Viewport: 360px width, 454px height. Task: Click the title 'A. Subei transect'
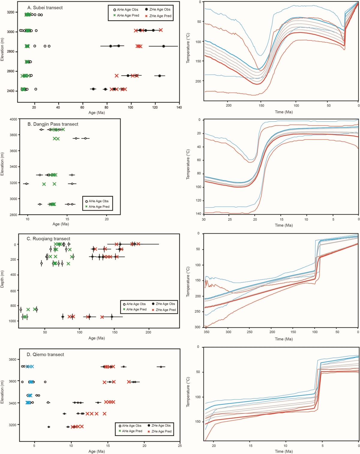pyautogui.click(x=45, y=8)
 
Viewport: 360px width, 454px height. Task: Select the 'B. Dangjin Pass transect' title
pyautogui.click(x=53, y=124)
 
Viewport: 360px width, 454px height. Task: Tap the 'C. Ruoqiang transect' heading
pyautogui.click(x=48, y=239)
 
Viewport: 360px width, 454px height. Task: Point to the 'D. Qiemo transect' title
pyautogui.click(x=45, y=354)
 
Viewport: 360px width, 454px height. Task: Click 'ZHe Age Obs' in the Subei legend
pyautogui.click(x=160, y=10)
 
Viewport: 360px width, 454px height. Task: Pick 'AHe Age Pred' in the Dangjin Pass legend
pyautogui.click(x=99, y=206)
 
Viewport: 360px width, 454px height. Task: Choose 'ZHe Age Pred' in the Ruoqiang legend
pyautogui.click(x=166, y=310)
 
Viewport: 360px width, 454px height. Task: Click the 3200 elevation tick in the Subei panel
pyautogui.click(x=10, y=12)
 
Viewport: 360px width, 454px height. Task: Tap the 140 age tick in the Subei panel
pyautogui.click(x=179, y=107)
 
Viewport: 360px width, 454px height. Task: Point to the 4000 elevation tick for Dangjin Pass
pyautogui.click(x=13, y=119)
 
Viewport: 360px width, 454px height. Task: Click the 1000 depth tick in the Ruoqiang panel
pyautogui.click(x=12, y=321)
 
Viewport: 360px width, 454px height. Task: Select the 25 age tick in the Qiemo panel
pyautogui.click(x=180, y=446)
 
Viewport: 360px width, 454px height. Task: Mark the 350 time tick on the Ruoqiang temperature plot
pyautogui.click(x=206, y=332)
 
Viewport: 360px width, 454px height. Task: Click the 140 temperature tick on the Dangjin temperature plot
pyautogui.click(x=198, y=214)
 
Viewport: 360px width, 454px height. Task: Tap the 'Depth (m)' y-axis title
pyautogui.click(x=2, y=279)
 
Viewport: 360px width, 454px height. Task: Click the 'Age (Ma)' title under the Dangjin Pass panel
pyautogui.click(x=61, y=224)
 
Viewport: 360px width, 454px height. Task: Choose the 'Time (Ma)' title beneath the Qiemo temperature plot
pyautogui.click(x=283, y=451)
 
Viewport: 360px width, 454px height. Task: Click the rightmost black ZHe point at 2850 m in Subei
pyautogui.click(x=163, y=46)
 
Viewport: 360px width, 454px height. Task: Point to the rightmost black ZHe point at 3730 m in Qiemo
pyautogui.click(x=161, y=367)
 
